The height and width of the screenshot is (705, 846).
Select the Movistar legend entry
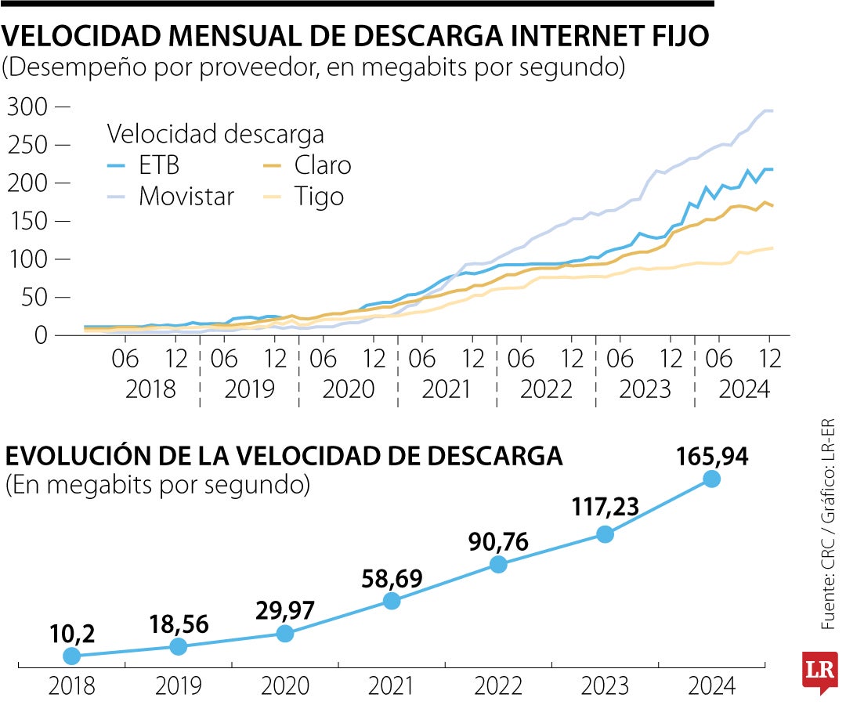coord(186,196)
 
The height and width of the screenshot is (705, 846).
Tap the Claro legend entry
coord(322,165)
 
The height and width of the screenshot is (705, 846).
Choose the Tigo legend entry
coord(319,196)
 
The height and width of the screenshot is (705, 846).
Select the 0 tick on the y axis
coord(39,335)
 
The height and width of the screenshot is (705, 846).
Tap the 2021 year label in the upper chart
coord(446,389)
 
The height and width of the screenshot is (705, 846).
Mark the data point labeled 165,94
coord(712,479)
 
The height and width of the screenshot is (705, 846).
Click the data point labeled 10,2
coord(72,656)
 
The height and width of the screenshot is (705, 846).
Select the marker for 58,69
coord(392,601)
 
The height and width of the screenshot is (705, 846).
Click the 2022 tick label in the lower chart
coord(498,687)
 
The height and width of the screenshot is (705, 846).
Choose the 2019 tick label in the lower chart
coord(179,687)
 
